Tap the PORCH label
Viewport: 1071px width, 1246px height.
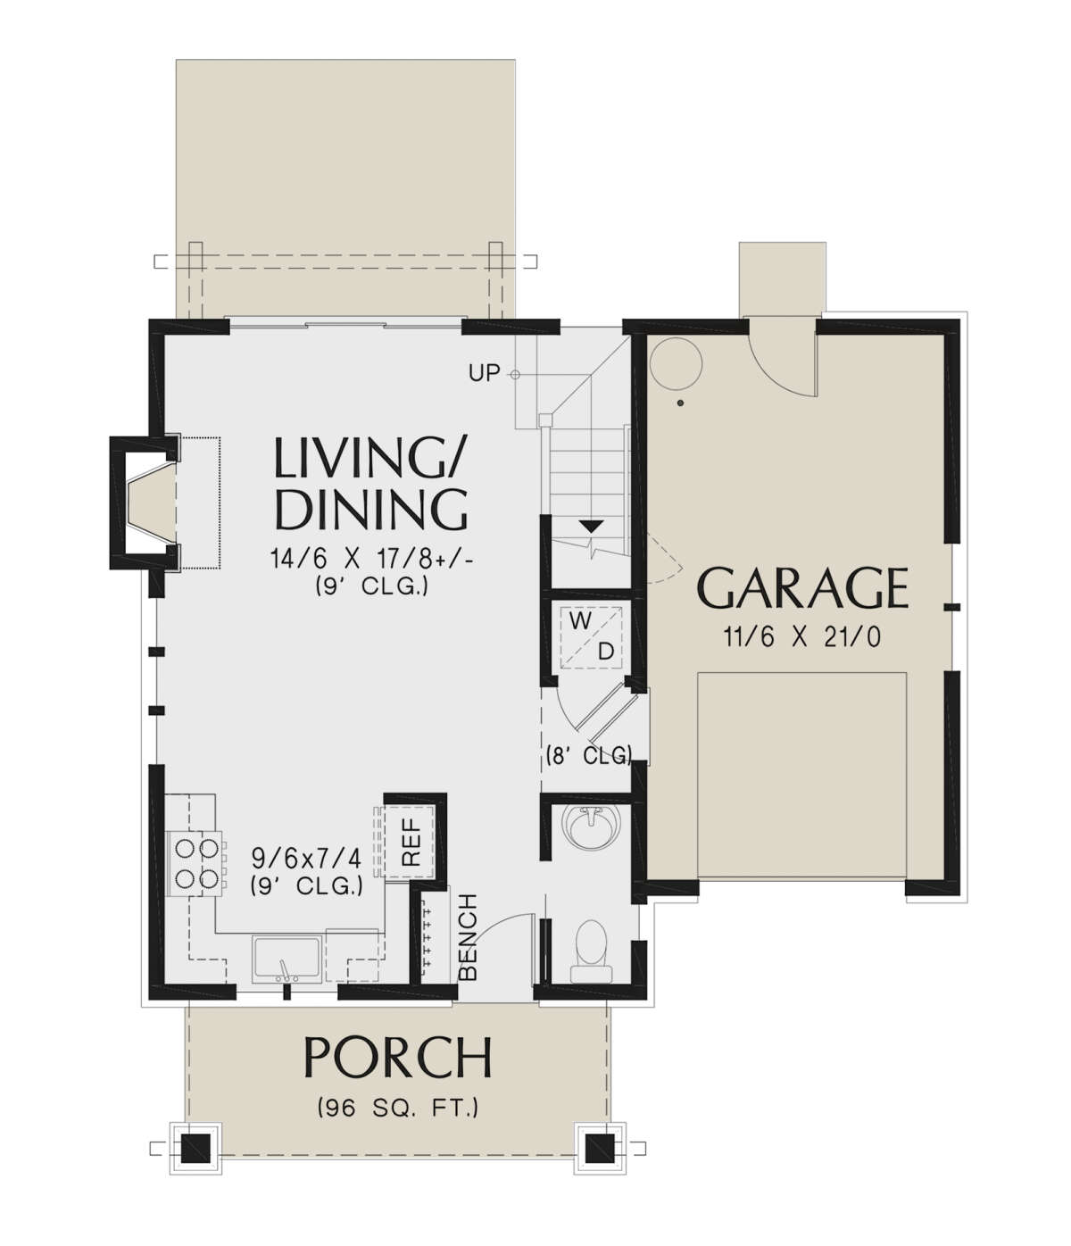[x=398, y=1058]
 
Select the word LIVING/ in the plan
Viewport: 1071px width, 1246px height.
[x=370, y=457]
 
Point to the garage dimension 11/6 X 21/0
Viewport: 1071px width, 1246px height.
[x=802, y=637]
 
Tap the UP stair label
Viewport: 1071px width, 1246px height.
[x=484, y=374]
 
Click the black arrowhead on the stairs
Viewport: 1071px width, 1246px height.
[x=591, y=526]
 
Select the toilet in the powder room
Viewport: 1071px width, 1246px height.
[x=591, y=951]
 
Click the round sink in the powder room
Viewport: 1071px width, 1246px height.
[x=591, y=827]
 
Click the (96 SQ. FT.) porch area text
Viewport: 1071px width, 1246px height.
[x=398, y=1108]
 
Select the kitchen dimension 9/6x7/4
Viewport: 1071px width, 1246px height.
[x=306, y=858]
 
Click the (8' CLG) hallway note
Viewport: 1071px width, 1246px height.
[x=589, y=755]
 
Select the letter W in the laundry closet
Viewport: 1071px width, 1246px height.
[x=580, y=621]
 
